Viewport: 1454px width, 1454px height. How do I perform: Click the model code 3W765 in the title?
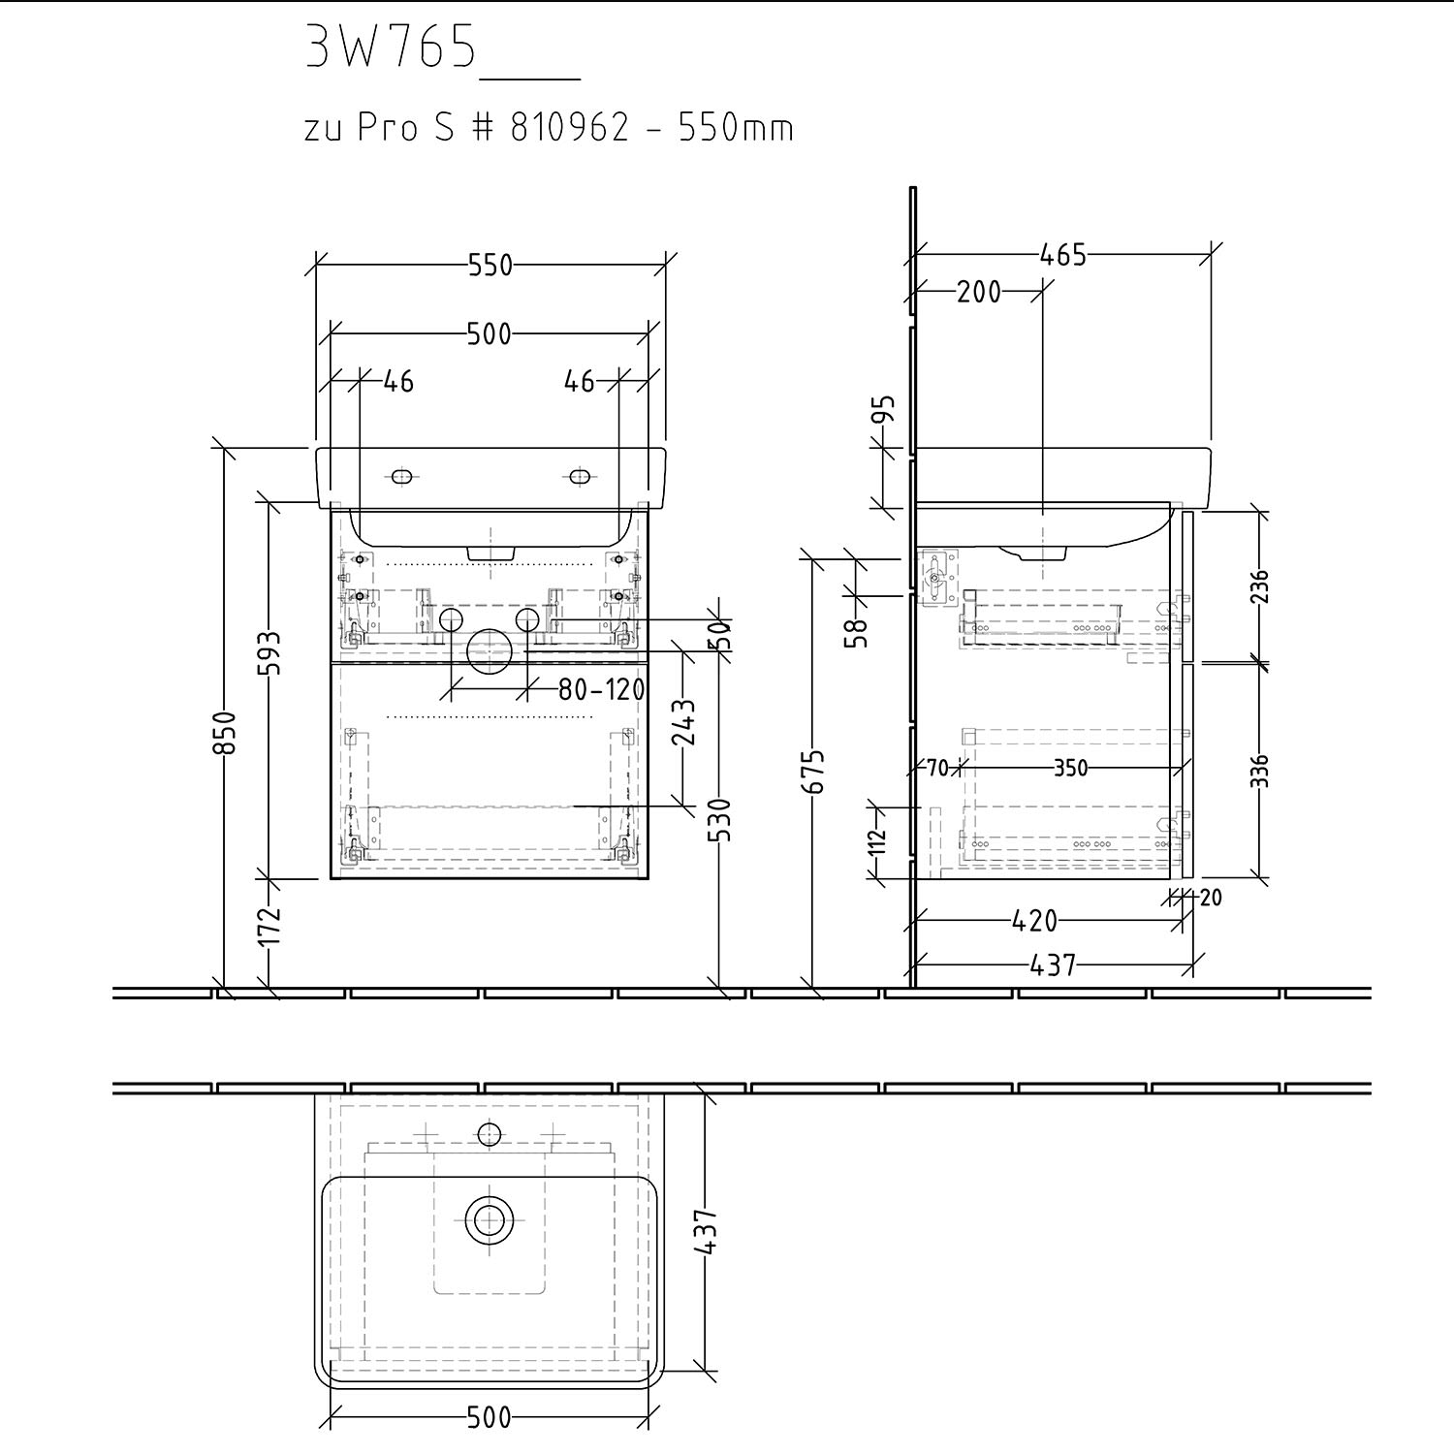(391, 46)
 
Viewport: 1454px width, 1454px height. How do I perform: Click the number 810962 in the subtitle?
(570, 127)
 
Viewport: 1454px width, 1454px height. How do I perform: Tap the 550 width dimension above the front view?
(490, 265)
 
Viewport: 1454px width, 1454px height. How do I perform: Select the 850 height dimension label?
(225, 733)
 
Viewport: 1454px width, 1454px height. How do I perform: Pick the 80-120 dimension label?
(601, 689)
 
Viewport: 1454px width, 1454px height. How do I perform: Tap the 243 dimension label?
(684, 722)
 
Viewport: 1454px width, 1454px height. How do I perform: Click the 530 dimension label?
(722, 820)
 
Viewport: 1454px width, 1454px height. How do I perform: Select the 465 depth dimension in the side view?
(1062, 255)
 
